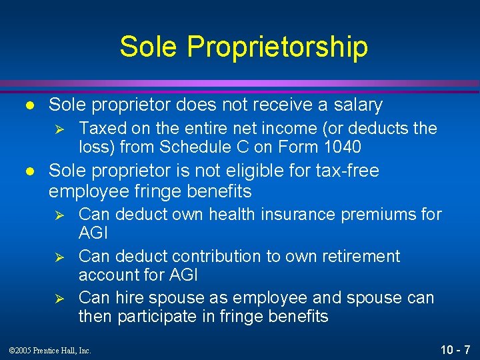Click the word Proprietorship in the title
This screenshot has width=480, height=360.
(x=277, y=47)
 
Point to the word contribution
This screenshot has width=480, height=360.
(x=201, y=257)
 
